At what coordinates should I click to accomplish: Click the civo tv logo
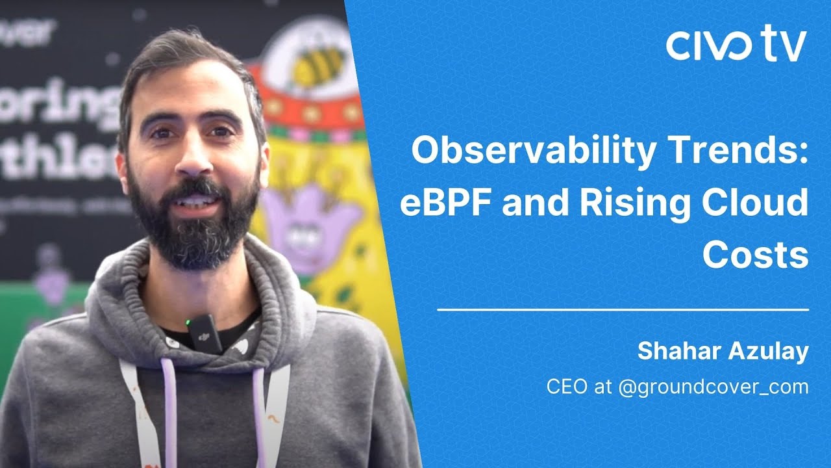click(736, 44)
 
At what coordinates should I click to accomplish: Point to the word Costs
click(755, 255)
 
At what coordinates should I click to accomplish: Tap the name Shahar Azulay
click(723, 352)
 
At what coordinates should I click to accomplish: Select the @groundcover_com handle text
click(713, 387)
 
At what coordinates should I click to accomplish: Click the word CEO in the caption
click(567, 387)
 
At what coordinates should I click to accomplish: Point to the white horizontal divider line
click(623, 310)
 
